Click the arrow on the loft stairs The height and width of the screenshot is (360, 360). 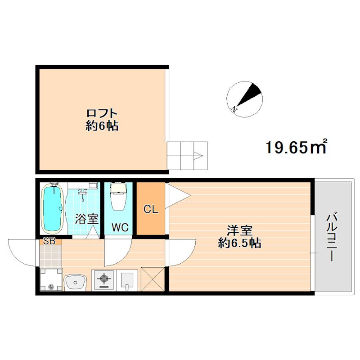click(198, 157)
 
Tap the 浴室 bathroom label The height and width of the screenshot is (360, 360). click(86, 219)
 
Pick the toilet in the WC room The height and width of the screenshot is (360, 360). click(119, 197)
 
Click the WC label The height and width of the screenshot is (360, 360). click(120, 228)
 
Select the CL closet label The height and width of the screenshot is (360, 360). click(151, 209)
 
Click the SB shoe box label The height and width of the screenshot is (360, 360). click(49, 241)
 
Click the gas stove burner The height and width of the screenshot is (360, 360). click(103, 280)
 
